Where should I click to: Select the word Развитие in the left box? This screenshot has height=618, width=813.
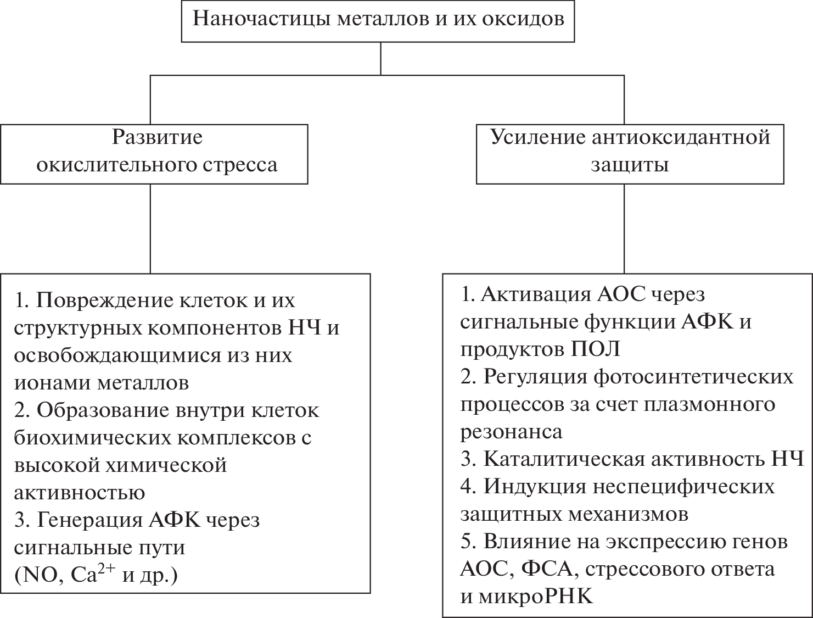point(158,137)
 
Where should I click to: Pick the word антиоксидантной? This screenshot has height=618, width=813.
point(681,137)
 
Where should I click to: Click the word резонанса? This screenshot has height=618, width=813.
point(511,431)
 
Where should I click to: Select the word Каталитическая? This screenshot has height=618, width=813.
point(564,459)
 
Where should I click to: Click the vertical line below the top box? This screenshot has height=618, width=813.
point(381,58)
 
